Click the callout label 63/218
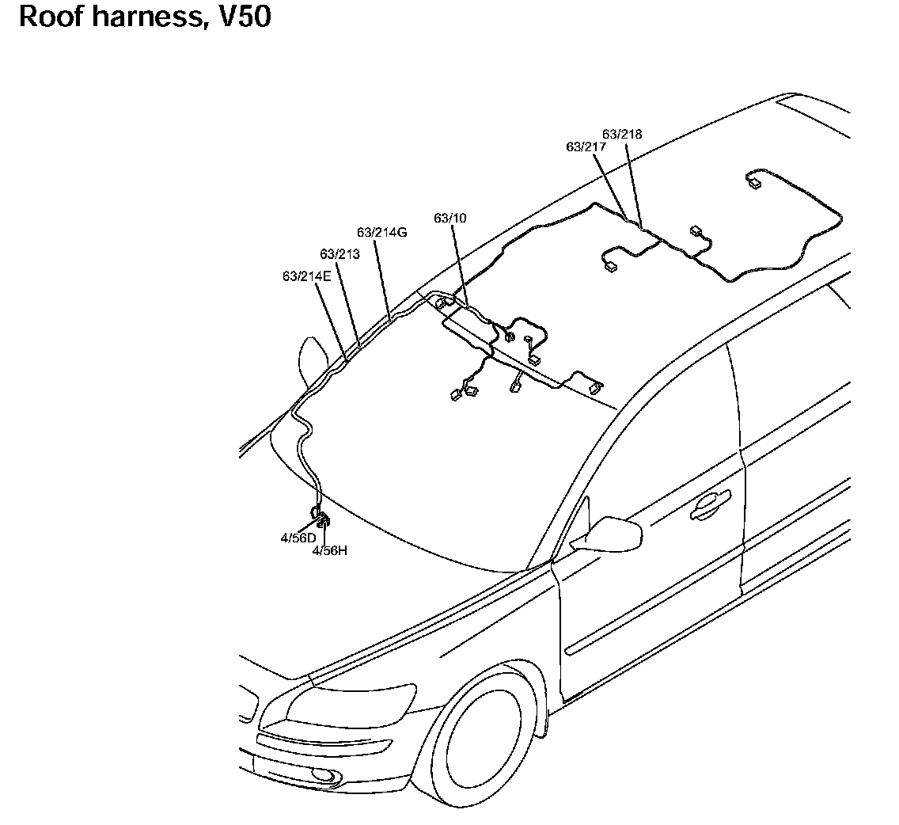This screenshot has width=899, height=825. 622,134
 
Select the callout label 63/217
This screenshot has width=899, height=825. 586,146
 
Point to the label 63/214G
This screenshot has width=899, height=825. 381,232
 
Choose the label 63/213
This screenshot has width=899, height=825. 339,253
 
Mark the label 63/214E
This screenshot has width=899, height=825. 306,276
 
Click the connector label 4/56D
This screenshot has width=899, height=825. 298,538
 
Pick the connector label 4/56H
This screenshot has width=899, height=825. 330,549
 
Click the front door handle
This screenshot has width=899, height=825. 710,508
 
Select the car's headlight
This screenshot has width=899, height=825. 351,702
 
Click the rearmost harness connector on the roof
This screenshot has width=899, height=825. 753,184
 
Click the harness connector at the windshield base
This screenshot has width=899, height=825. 323,519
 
